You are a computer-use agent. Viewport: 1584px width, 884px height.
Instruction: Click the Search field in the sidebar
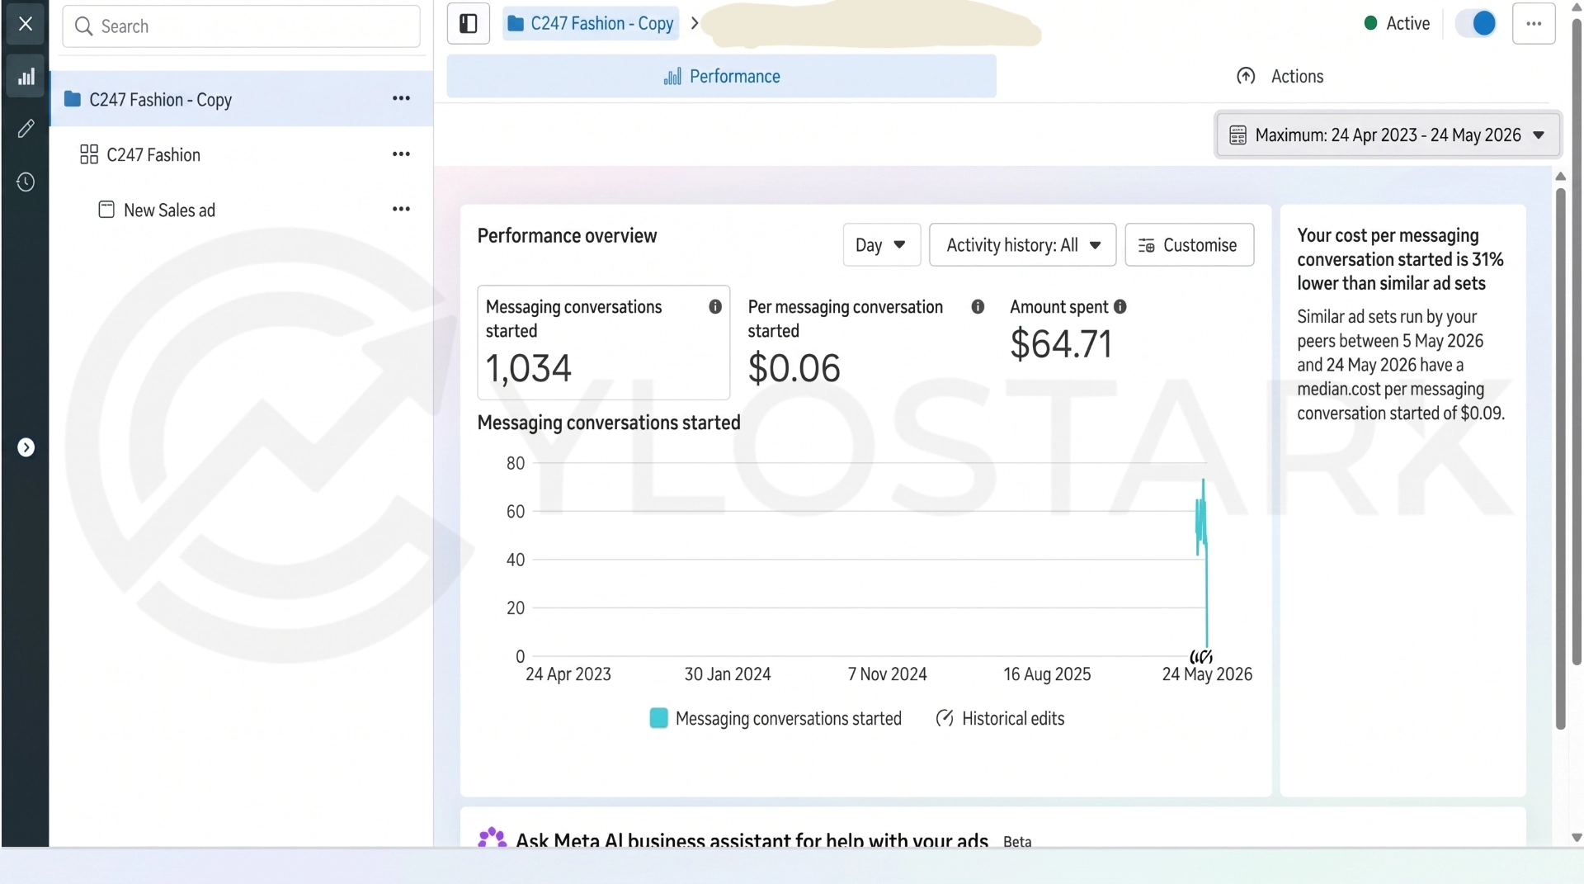click(x=241, y=26)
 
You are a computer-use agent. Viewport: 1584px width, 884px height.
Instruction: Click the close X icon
click(x=26, y=24)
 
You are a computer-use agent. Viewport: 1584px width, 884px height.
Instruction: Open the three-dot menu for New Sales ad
click(x=401, y=210)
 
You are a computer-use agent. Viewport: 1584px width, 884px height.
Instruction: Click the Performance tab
click(x=721, y=77)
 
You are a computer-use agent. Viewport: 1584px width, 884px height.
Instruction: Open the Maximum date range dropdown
click(x=1388, y=135)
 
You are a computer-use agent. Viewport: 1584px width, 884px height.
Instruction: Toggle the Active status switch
click(x=1475, y=24)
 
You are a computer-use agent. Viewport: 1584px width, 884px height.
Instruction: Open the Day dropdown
click(x=881, y=245)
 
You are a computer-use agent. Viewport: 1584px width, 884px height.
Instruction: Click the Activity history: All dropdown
click(x=1022, y=245)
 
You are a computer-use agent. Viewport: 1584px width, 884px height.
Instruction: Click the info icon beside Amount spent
click(x=1120, y=307)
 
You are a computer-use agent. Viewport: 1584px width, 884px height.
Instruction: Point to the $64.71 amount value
click(x=1061, y=344)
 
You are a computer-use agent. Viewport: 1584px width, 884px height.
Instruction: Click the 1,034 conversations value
click(x=528, y=369)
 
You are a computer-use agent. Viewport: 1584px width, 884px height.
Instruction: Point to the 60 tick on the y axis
click(x=516, y=512)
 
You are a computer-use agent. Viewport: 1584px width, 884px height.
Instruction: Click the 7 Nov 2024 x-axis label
click(x=887, y=674)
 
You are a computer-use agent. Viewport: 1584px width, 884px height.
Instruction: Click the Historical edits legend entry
click(x=1000, y=719)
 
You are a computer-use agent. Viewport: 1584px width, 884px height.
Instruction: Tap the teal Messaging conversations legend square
click(x=658, y=718)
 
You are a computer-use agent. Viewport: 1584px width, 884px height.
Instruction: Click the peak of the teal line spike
click(x=1203, y=480)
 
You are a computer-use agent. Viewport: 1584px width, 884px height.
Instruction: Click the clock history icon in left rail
click(x=26, y=182)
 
